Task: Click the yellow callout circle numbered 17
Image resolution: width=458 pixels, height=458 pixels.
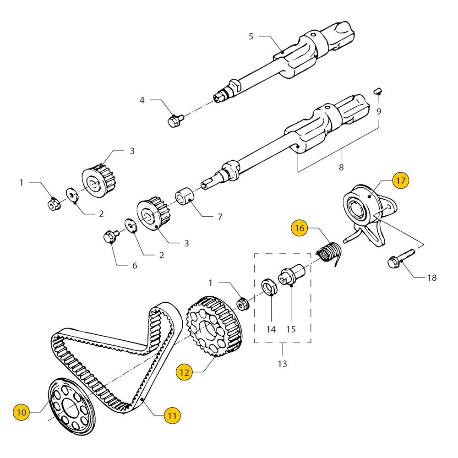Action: click(400, 181)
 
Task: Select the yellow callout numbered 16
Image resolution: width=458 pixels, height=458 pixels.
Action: click(299, 228)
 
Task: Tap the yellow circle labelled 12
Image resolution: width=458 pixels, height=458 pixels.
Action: click(184, 373)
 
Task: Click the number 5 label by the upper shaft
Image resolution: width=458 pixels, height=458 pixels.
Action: click(251, 36)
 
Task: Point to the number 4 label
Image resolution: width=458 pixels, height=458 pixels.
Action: click(142, 100)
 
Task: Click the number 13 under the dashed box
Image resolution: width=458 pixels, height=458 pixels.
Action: click(282, 364)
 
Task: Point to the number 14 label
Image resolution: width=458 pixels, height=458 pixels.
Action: click(271, 329)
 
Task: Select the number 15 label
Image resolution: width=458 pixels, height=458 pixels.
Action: click(291, 329)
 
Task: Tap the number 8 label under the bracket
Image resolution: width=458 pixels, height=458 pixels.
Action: click(341, 167)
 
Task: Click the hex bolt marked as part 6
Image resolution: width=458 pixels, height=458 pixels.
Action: click(110, 238)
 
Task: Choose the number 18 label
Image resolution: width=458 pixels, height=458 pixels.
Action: click(431, 278)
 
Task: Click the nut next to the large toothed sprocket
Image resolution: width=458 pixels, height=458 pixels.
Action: click(243, 304)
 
